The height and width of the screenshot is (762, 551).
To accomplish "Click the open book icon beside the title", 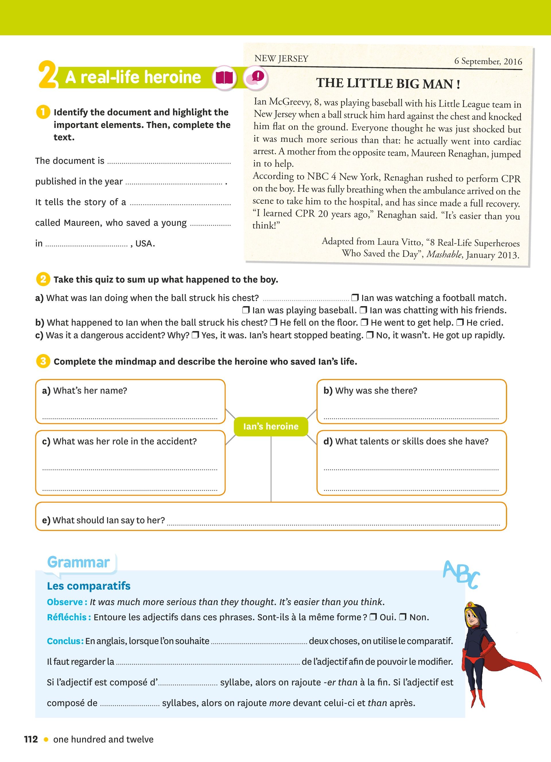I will pyautogui.click(x=224, y=78).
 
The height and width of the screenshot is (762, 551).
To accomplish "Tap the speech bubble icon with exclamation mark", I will pyautogui.click(x=256, y=78).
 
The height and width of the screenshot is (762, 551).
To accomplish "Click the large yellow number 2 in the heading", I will pyautogui.click(x=47, y=75).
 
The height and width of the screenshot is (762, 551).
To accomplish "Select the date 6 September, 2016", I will pyautogui.click(x=488, y=61).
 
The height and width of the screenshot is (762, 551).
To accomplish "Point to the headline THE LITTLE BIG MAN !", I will pyautogui.click(x=388, y=83).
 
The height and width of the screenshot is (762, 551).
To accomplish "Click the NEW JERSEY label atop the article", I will pyautogui.click(x=281, y=59).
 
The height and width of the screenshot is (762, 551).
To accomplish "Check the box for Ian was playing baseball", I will pyautogui.click(x=246, y=310).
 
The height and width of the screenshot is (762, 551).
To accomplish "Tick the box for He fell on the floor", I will pyautogui.click(x=273, y=322).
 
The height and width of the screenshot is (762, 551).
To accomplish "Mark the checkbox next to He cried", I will pyautogui.click(x=460, y=322).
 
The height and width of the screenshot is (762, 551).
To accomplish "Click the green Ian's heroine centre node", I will pyautogui.click(x=271, y=426).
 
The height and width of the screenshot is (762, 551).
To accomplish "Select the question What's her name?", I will pyautogui.click(x=85, y=390).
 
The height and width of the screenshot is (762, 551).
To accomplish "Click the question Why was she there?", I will pyautogui.click(x=370, y=390).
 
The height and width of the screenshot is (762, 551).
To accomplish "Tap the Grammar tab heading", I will pyautogui.click(x=79, y=562).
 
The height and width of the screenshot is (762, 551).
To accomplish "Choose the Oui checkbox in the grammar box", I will pyautogui.click(x=373, y=617).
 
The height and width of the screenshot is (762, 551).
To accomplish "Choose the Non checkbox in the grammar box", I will pyautogui.click(x=403, y=617).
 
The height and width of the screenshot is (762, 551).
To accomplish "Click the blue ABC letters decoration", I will pyautogui.click(x=461, y=575).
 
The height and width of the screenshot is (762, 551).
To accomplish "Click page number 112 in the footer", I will pyautogui.click(x=31, y=739).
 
